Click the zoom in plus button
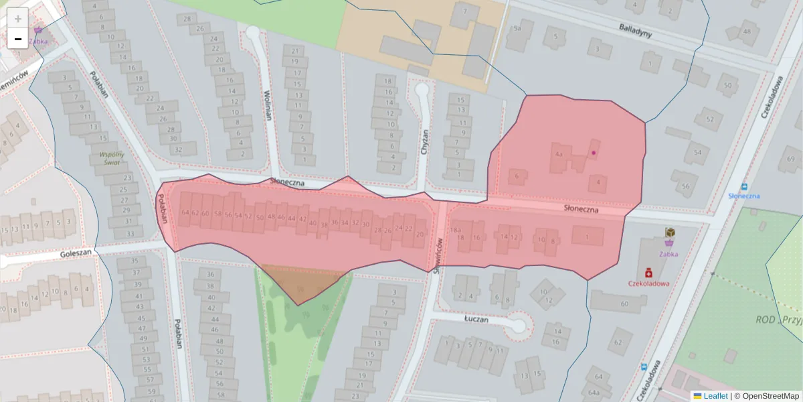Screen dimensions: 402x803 coord(18,18)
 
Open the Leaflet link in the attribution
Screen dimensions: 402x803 coord(715,396)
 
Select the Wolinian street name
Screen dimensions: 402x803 coord(268,105)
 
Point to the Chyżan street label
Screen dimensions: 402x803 coord(423,142)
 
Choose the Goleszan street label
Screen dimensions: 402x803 coord(76,254)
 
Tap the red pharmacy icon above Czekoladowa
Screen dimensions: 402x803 coord(648,273)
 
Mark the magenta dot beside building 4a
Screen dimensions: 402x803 coord(594,153)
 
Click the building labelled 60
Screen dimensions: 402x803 coord(624,304)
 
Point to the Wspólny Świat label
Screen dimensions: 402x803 coord(112,158)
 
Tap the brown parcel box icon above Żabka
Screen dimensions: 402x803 coord(670,232)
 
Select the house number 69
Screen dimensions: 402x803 coord(791,159)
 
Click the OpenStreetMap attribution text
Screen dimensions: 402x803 coord(770,396)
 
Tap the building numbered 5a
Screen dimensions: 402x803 coord(516,29)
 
